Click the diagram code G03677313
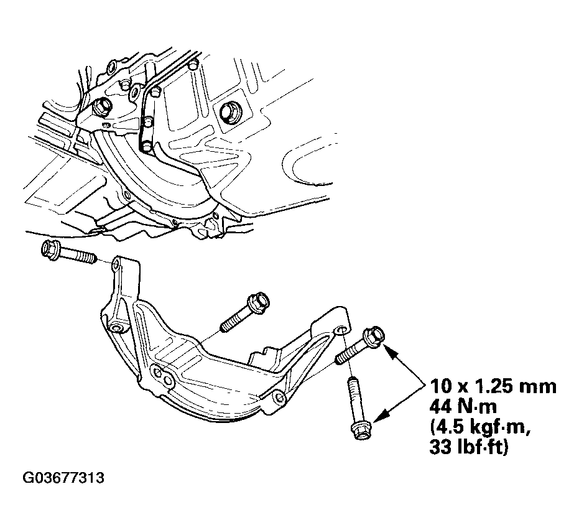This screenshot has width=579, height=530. (x=63, y=478)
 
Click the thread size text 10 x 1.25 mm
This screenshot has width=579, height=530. (x=493, y=387)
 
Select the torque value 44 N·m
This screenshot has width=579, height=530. (x=463, y=407)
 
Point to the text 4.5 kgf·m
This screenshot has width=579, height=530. (x=480, y=427)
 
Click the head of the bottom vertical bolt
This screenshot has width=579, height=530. (x=361, y=430)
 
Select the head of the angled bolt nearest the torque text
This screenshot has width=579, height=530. (x=374, y=337)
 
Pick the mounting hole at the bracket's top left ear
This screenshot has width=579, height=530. (x=116, y=263)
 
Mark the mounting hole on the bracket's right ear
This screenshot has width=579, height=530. (x=341, y=330)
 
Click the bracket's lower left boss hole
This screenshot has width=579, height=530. (x=118, y=328)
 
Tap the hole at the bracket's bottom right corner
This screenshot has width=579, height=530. (x=280, y=397)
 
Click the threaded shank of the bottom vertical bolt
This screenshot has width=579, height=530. (x=354, y=397)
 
